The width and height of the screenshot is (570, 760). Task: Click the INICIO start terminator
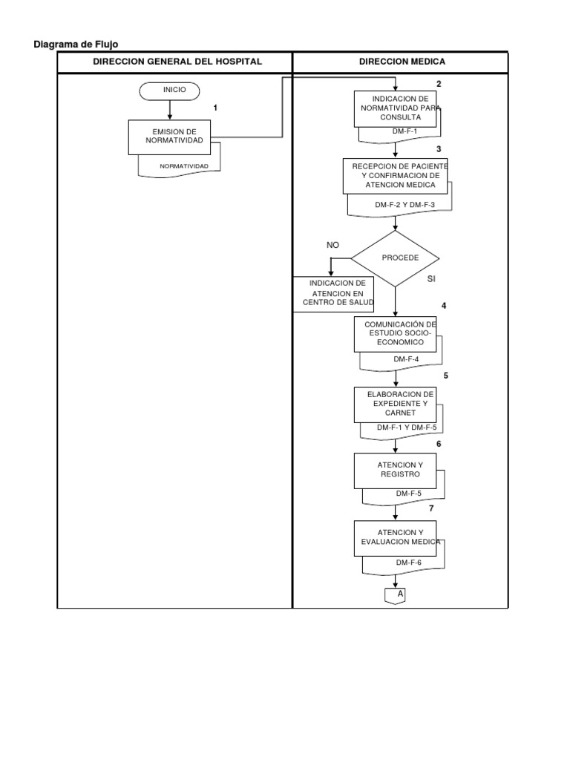tap(170, 91)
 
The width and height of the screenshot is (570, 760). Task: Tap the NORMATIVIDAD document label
tap(184, 166)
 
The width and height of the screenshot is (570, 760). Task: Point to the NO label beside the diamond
tap(332, 245)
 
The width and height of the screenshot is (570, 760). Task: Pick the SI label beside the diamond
tap(431, 279)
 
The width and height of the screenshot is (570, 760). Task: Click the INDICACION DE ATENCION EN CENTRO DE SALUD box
tap(333, 295)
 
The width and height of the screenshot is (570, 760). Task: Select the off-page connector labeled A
tap(395, 594)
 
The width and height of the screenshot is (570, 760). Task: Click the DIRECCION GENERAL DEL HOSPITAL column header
tap(177, 62)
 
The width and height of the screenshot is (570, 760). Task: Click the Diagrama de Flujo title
tap(76, 45)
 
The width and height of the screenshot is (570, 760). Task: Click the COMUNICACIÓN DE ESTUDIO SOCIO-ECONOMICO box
tap(395, 333)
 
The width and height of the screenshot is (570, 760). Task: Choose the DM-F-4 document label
tap(406, 360)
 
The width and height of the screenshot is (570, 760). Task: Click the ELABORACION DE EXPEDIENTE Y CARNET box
tap(395, 403)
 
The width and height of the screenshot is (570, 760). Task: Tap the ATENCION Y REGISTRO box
tap(395, 469)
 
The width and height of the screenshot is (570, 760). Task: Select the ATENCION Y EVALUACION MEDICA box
tap(395, 537)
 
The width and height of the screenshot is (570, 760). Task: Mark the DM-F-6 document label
tap(407, 563)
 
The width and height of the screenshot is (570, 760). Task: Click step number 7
tap(431, 508)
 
